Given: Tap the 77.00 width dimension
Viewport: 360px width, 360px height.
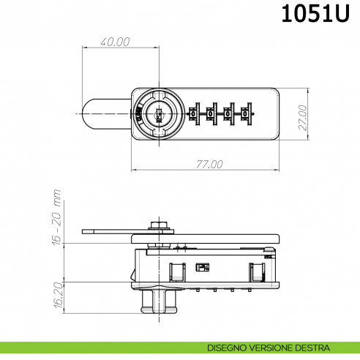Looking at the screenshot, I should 209,164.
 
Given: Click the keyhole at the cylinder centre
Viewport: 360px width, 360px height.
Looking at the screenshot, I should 158,113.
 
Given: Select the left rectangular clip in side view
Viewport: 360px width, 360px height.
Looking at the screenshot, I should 176,272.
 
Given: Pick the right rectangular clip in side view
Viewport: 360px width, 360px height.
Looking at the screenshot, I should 257,272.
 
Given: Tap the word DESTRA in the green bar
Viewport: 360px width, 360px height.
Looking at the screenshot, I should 313,347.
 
